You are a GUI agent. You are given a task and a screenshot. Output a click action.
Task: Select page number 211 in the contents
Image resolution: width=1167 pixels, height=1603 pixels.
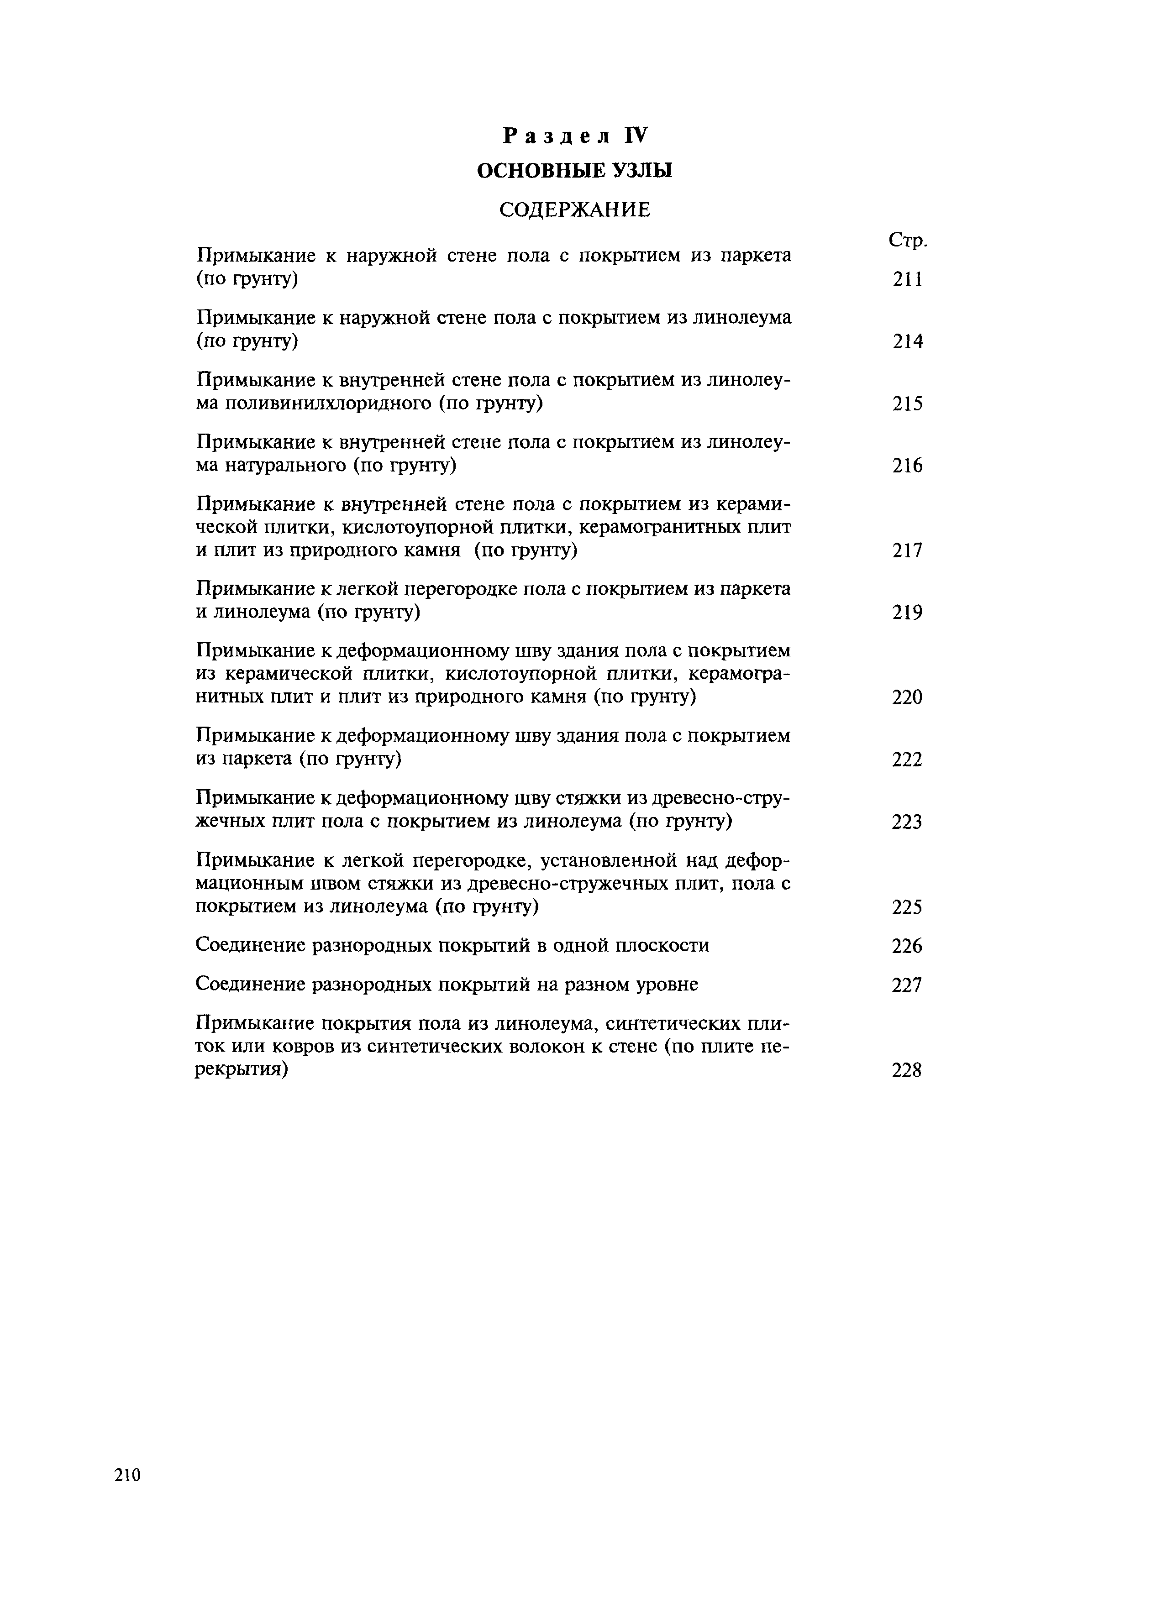click(x=908, y=280)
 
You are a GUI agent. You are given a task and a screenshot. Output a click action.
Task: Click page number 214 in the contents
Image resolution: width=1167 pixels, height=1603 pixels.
click(x=908, y=342)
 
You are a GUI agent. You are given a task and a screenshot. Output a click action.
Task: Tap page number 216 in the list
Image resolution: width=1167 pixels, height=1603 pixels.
click(x=908, y=466)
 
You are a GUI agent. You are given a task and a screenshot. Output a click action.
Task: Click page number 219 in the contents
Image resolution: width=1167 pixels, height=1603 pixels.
click(x=908, y=613)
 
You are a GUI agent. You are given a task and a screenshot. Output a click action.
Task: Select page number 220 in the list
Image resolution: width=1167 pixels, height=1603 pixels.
click(x=908, y=698)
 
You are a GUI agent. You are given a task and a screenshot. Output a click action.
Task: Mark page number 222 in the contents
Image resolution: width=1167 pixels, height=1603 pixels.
click(x=908, y=760)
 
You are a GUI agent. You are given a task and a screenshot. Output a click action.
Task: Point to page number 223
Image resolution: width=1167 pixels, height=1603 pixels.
click(x=908, y=822)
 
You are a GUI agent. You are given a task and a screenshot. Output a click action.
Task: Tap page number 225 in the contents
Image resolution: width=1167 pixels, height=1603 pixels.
click(x=908, y=907)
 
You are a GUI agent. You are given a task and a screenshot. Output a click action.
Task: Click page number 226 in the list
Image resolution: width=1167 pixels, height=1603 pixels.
click(x=908, y=946)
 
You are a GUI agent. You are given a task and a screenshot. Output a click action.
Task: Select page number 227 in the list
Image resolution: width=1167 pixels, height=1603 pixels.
click(x=908, y=985)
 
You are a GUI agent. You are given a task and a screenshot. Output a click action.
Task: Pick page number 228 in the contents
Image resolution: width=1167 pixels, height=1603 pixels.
click(x=908, y=1071)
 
